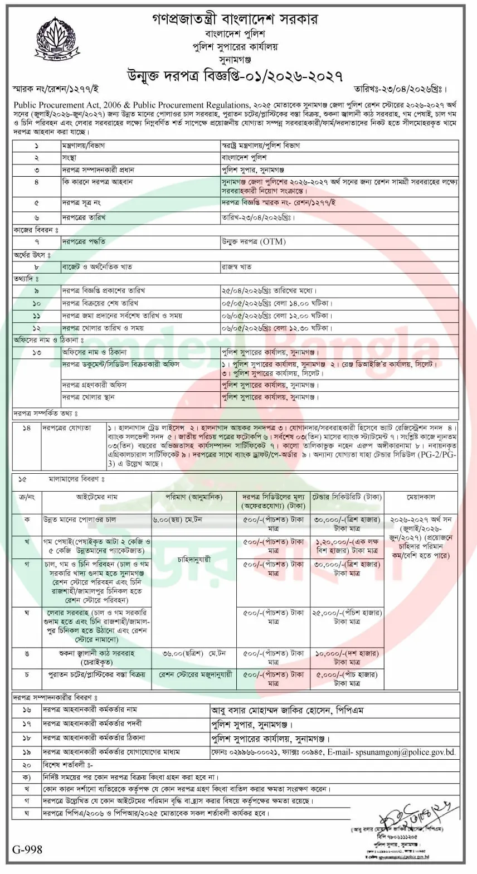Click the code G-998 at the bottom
click(x=27, y=849)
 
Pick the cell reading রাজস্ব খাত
click(x=236, y=267)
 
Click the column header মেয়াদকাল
click(x=421, y=496)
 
